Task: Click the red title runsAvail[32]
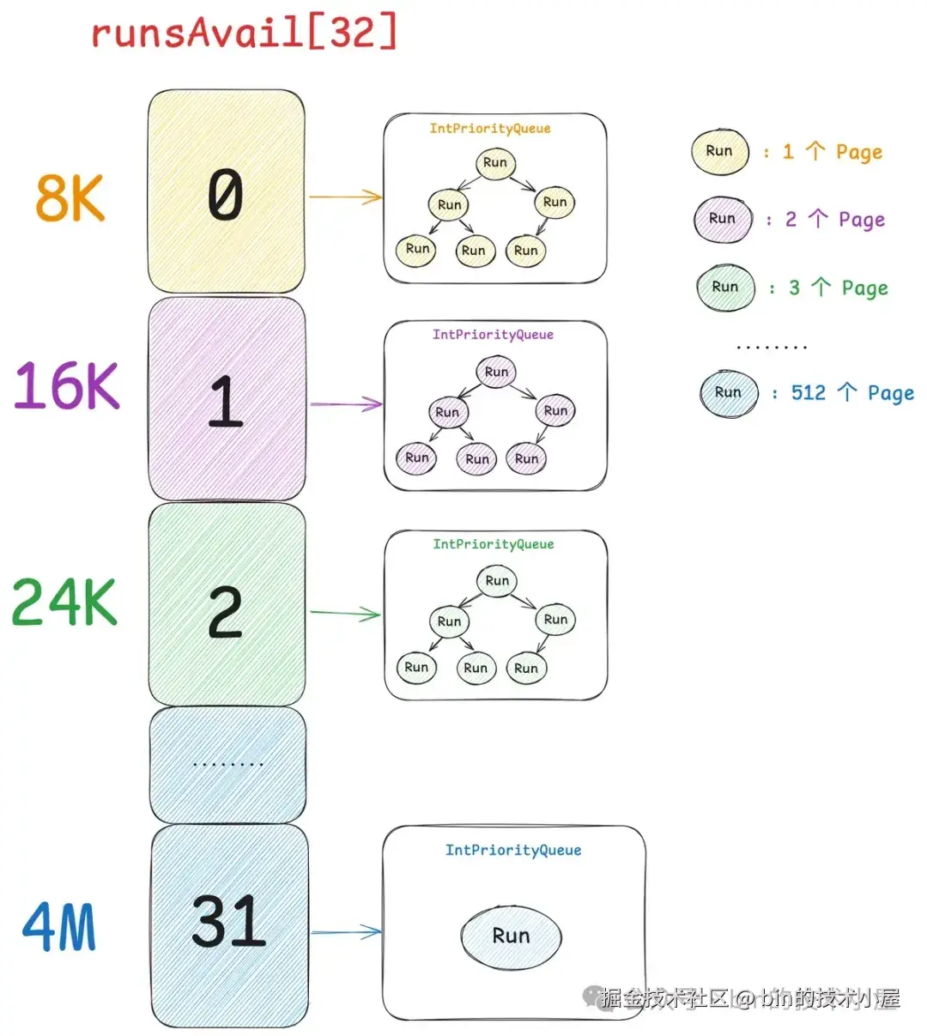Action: coord(244,33)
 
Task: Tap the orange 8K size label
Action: coord(70,198)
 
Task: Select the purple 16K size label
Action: coord(66,385)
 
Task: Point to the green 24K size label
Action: coord(64,602)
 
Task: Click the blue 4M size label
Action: coord(59,926)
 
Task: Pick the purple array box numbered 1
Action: coord(227,399)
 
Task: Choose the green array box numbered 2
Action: coord(227,604)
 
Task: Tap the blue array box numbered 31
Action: coord(229,925)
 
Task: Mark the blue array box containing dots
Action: coord(227,764)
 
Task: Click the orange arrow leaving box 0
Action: coord(344,197)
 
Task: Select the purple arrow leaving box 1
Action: coord(345,403)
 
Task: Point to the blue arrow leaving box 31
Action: coord(345,932)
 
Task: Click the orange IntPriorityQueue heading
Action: coord(490,129)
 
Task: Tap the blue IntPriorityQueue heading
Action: coord(512,851)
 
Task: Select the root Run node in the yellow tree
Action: coord(495,162)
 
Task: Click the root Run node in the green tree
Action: coord(497,581)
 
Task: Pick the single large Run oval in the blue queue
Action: coord(511,936)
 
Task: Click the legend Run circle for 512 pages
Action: coord(728,393)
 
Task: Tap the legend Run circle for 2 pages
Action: coord(723,219)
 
